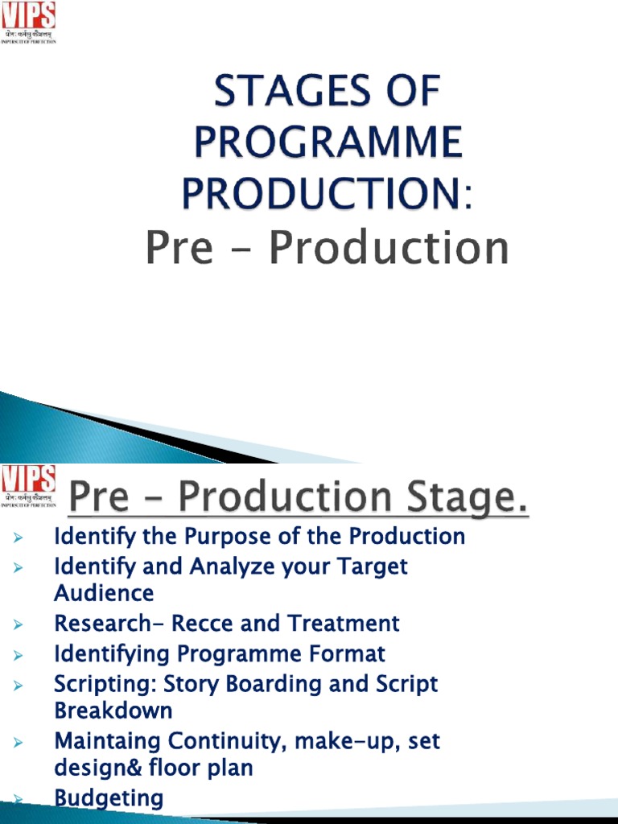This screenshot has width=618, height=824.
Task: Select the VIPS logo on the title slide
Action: point(28,22)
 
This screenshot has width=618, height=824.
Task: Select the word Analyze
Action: point(233,566)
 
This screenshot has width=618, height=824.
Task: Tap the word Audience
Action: point(104,594)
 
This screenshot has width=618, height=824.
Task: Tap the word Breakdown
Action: point(113,711)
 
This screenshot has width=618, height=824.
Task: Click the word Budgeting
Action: point(109,799)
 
